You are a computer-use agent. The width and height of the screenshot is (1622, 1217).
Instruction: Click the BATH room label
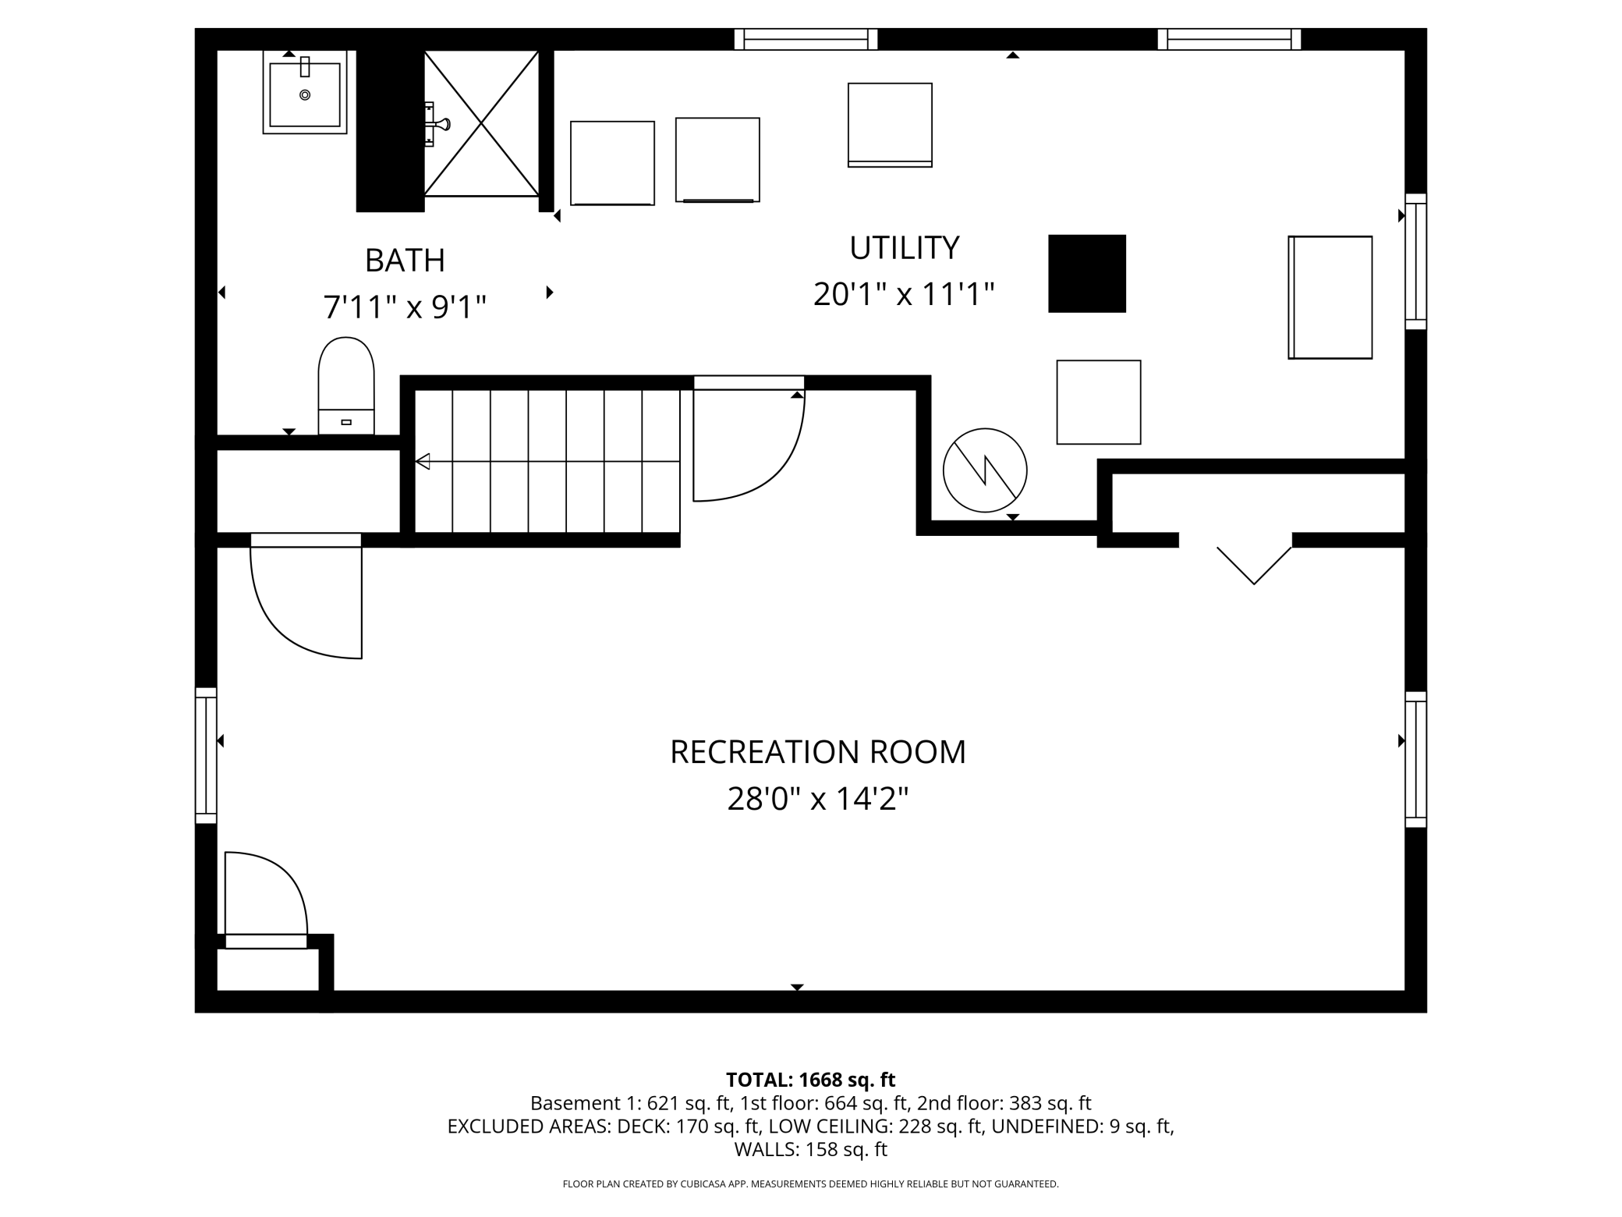(405, 260)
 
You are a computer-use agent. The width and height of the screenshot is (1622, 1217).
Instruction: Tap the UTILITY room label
(904, 247)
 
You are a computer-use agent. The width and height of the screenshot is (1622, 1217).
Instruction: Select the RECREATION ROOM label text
(818, 752)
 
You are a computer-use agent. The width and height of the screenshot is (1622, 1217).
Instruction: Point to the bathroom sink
(305, 92)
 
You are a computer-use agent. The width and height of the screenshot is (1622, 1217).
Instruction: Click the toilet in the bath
(346, 385)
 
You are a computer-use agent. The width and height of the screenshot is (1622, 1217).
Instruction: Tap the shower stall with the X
(481, 123)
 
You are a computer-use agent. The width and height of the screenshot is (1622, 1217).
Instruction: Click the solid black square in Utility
(1087, 274)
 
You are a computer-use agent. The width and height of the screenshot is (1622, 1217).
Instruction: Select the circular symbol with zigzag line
(985, 470)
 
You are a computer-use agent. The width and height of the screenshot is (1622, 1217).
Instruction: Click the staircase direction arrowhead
(423, 462)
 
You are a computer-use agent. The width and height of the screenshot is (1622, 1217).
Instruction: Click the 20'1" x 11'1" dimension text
(904, 295)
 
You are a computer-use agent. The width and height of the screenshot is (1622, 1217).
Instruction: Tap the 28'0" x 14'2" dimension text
(818, 799)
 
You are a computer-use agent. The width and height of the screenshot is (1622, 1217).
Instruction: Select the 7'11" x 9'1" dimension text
(405, 307)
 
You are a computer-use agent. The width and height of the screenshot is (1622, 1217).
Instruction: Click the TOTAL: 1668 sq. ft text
(811, 1080)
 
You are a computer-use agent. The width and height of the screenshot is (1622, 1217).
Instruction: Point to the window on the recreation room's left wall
(206, 755)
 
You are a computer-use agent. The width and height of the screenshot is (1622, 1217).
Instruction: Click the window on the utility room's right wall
(1416, 261)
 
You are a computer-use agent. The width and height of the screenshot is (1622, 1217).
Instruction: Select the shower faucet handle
(438, 124)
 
